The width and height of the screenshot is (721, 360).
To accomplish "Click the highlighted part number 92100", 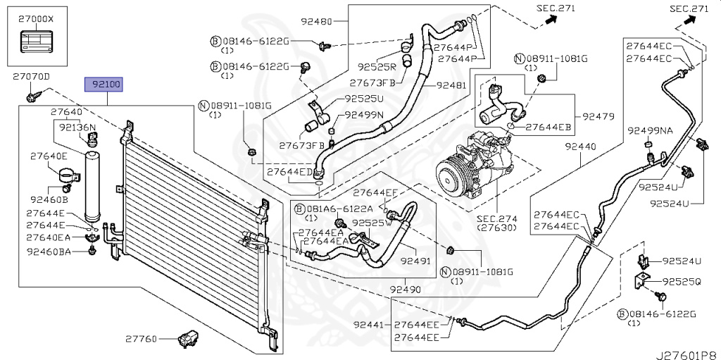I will click(x=104, y=85).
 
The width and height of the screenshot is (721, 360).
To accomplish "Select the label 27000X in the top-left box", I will click(x=35, y=20).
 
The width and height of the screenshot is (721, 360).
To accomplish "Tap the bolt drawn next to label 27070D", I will click(x=31, y=92).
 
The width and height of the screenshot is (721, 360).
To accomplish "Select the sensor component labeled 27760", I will click(x=187, y=339).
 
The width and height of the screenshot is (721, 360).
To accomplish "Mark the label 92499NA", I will click(x=650, y=130).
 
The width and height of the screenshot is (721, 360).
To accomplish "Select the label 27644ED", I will click(x=290, y=170).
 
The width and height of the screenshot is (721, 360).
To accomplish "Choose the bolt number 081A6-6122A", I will click(x=331, y=209).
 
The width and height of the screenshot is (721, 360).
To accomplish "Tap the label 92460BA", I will click(x=49, y=251).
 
